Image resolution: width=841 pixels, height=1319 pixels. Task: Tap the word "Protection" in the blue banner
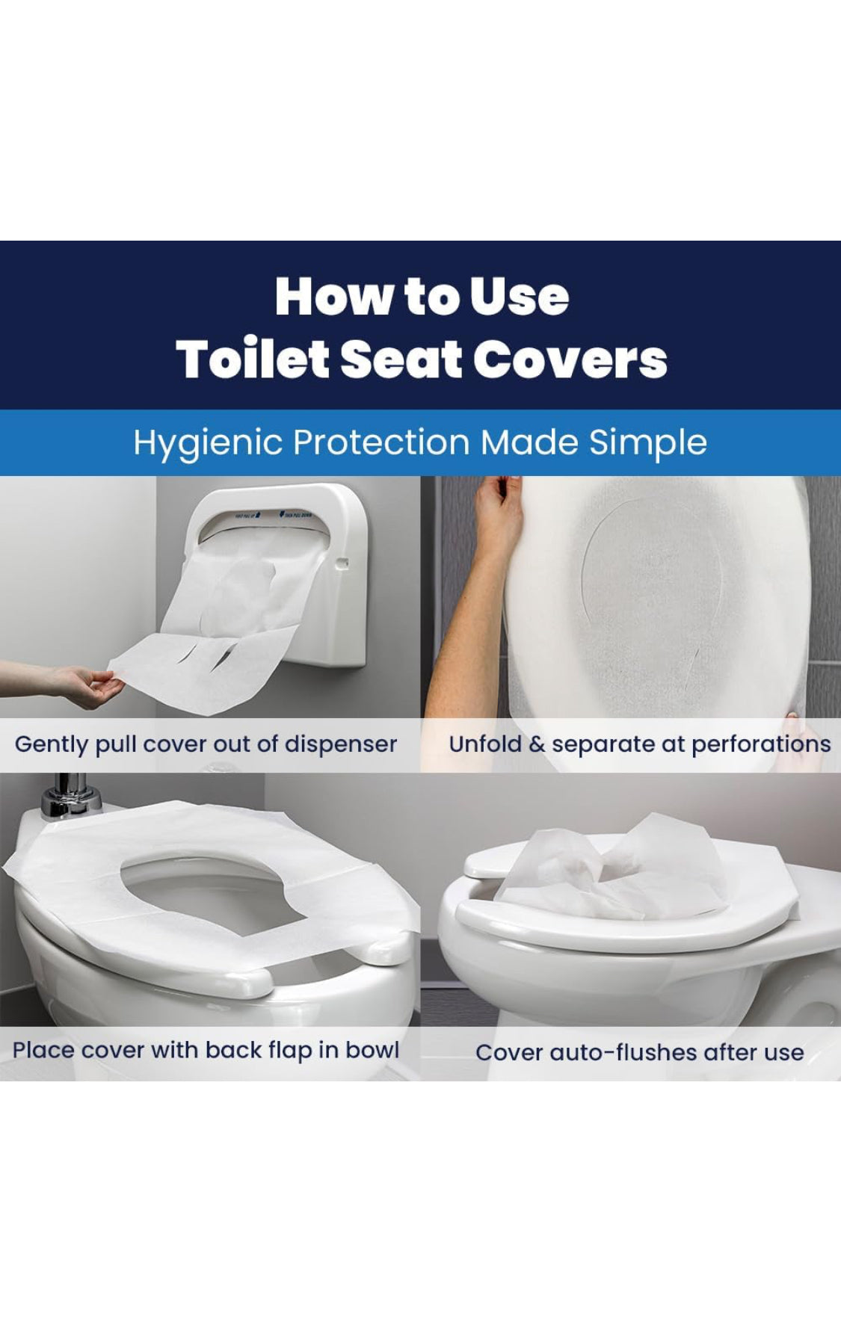click(x=381, y=443)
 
